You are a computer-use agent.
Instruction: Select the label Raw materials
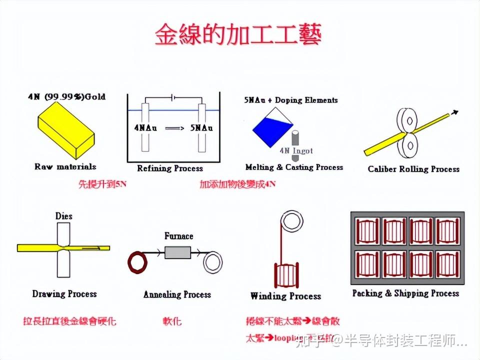coord(65,166)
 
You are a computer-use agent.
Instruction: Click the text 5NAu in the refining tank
coord(201,128)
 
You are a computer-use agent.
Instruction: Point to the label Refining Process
coord(170,168)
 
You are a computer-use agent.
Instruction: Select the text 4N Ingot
coord(296,150)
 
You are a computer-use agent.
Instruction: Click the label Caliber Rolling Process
coord(413,169)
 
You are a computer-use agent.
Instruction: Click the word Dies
coord(64,216)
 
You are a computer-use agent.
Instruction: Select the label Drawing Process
coord(64,294)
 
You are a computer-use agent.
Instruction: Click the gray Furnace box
coord(178,253)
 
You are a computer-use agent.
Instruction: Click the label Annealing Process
coord(177,294)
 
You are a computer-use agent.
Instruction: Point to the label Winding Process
coord(285,296)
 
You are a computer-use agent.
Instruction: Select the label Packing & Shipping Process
coord(405,293)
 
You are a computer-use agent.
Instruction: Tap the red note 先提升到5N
coord(102,184)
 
